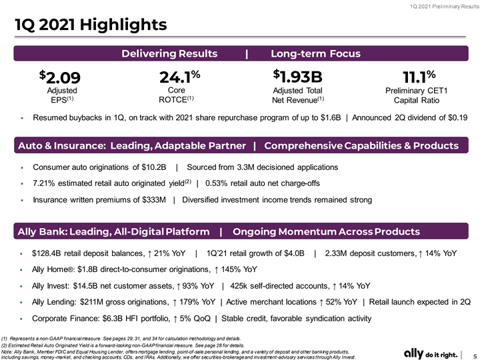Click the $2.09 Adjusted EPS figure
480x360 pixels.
60,77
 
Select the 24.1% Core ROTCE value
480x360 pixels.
180,77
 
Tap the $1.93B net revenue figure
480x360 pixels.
297,76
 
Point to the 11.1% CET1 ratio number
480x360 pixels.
419,77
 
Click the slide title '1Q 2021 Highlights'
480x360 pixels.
91,25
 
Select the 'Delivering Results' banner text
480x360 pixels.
169,53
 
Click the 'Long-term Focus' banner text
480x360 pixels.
315,53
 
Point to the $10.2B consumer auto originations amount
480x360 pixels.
154,167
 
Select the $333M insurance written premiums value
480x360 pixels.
154,200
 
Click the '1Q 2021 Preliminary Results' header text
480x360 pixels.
445,7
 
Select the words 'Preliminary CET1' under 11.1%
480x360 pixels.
416,91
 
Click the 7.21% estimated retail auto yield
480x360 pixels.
44,183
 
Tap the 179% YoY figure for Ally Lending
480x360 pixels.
197,302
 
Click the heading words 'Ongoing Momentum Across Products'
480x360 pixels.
326,232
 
